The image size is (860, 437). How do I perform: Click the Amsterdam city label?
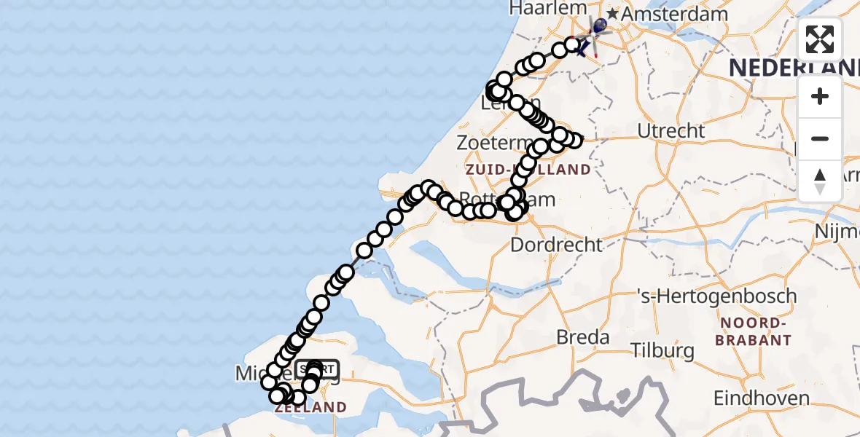click(675, 14)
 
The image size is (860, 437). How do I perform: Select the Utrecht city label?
click(671, 131)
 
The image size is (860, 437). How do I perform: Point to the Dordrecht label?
click(557, 245)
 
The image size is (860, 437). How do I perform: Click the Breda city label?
click(582, 337)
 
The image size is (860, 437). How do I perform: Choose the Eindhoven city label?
click(761, 398)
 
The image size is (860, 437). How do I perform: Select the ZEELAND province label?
click(310, 407)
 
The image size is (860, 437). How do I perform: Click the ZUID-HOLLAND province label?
click(528, 170)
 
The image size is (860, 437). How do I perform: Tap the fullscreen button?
click(820, 39)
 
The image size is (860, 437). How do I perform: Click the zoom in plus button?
click(820, 96)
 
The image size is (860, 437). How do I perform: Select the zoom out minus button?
click(820, 138)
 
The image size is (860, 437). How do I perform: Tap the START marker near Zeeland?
click(318, 368)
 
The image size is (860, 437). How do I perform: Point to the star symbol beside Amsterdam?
click(612, 14)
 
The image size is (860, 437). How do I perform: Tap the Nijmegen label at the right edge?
click(838, 231)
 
